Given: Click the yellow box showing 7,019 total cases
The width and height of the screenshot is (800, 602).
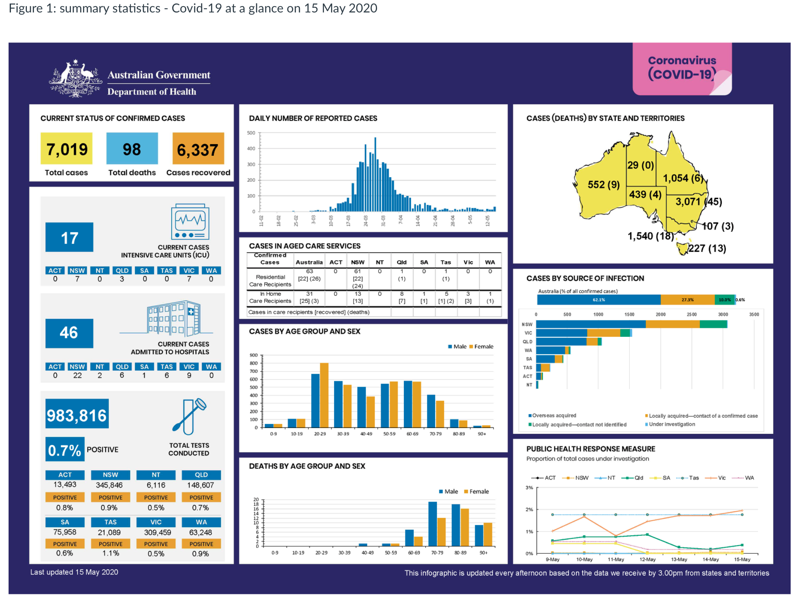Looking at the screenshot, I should (x=67, y=148).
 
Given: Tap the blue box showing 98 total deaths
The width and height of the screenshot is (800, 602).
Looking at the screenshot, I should (x=132, y=148).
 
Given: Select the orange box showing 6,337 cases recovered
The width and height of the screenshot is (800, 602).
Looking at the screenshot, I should (x=198, y=149).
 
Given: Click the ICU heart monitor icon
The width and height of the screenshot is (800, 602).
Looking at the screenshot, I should (x=190, y=222).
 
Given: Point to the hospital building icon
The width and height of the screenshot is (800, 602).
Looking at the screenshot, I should (x=174, y=318).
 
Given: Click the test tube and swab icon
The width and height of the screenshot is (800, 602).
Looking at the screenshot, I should (x=189, y=416).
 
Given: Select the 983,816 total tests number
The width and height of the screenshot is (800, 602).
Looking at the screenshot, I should (x=77, y=415).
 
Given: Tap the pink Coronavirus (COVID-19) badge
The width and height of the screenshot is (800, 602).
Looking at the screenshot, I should (x=682, y=69).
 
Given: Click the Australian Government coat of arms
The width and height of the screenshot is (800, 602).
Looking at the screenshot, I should (x=75, y=79).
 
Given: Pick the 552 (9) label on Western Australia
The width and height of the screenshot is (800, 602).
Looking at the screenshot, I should (x=603, y=185).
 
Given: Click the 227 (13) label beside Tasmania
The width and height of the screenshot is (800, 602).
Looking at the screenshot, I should (x=707, y=248).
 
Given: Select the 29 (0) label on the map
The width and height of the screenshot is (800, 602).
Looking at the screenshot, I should (x=640, y=165).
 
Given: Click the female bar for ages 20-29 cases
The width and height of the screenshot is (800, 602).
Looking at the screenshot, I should (x=324, y=395).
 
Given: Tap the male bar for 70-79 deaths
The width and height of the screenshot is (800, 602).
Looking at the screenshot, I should (x=432, y=524).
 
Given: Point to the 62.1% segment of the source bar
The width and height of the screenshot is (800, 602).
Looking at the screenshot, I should (x=599, y=300).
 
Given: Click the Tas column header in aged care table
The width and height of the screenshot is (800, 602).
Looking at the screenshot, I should (x=446, y=262).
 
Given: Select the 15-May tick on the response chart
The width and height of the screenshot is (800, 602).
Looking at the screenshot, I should (x=742, y=559).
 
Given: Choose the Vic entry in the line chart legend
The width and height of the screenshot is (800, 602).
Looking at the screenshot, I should (x=717, y=478).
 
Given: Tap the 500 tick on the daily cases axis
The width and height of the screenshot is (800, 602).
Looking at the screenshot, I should (x=251, y=133).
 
